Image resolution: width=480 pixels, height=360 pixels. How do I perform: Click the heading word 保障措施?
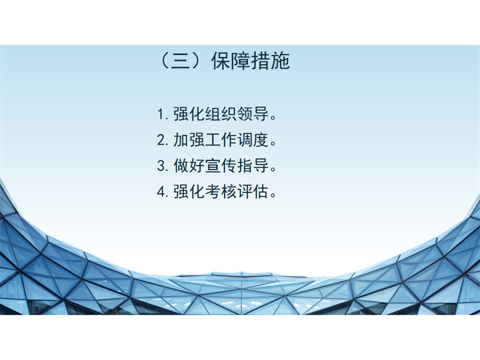coord(251,61)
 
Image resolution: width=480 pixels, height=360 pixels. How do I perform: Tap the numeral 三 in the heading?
coord(180,61)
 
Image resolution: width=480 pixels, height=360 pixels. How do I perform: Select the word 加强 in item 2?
coord(189,140)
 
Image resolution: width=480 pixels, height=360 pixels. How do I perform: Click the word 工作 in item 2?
coord(221,140)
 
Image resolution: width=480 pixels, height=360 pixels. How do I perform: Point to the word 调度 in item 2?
coord(253,140)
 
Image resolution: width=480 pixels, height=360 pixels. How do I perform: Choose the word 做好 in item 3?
coord(189,166)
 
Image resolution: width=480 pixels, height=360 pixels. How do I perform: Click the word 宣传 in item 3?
coord(221,166)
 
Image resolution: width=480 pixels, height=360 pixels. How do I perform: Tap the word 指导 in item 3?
coord(253,166)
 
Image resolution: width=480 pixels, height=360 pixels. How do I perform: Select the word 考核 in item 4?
coord(221,192)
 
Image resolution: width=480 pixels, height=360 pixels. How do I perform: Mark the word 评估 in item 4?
coord(253,192)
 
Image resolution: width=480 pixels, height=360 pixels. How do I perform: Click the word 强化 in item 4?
coord(189,192)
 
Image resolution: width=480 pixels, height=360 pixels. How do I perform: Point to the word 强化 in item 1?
coord(189,114)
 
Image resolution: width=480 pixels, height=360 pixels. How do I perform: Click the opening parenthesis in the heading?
coord(164,61)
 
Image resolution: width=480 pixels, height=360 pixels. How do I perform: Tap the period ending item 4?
coord(274,196)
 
